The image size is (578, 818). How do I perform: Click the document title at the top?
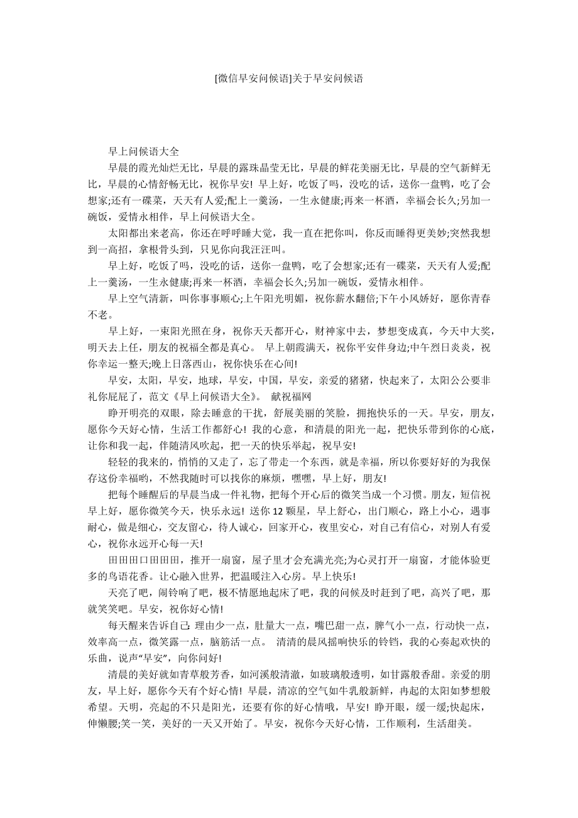pyautogui.click(x=289, y=79)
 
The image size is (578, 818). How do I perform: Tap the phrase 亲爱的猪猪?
pyautogui.click(x=351, y=380)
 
